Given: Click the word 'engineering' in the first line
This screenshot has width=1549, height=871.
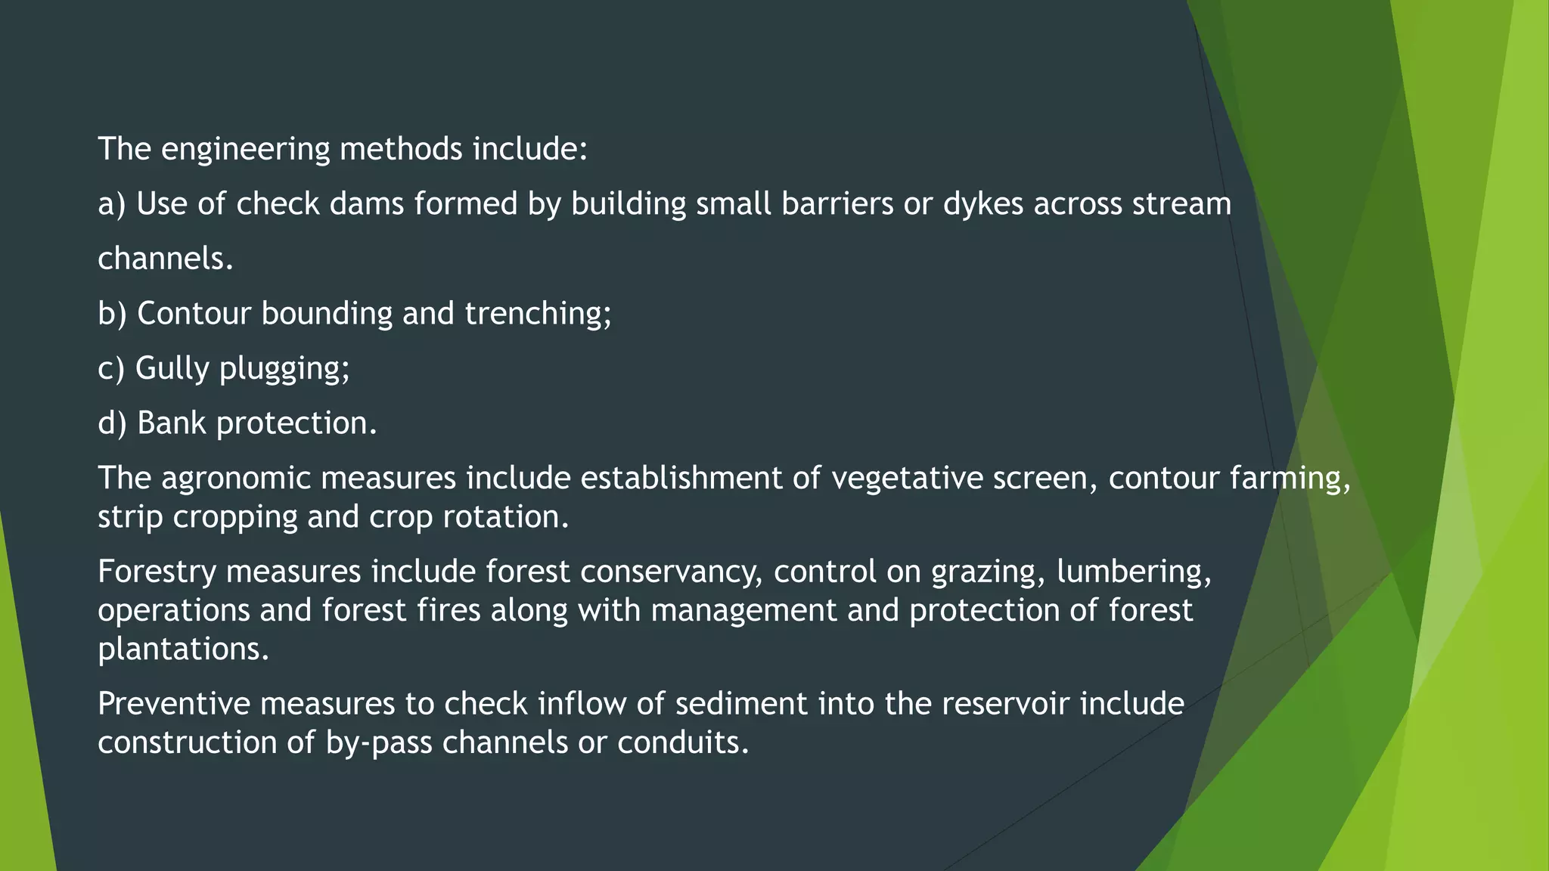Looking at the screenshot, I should [x=245, y=150].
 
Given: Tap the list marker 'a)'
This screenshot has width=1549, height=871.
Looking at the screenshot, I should [x=112, y=205].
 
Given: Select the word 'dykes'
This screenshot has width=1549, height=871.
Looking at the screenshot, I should [x=982, y=205].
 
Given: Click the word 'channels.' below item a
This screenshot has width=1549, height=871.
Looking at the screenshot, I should [x=166, y=259].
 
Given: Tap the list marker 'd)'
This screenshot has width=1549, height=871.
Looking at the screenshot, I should [x=112, y=423].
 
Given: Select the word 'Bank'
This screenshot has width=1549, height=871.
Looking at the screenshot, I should [x=172, y=423].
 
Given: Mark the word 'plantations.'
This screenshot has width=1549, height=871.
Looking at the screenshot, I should [x=184, y=649].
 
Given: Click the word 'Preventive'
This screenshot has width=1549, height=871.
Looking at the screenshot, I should [x=174, y=704].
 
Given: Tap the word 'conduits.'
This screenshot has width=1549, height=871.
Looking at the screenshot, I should [x=683, y=742].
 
